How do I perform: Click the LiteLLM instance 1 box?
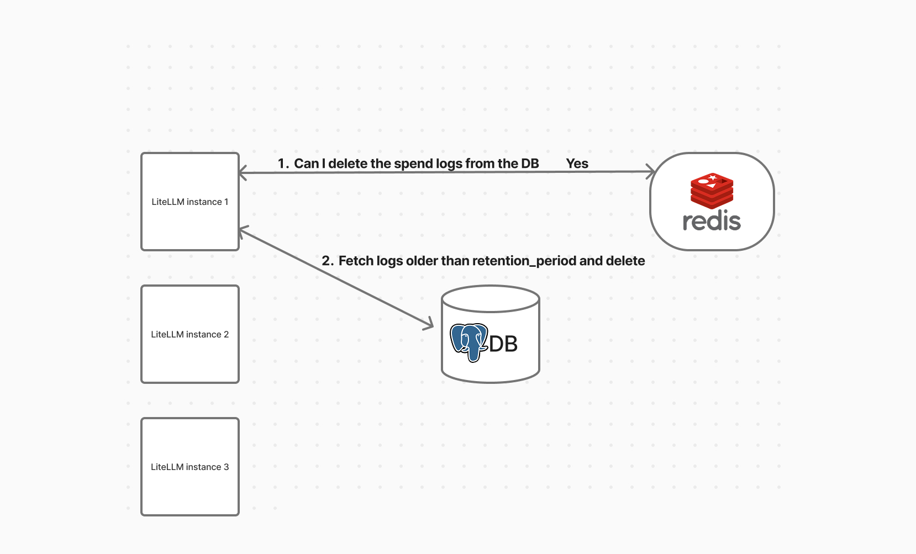pos(189,202)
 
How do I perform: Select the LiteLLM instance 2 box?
pos(189,334)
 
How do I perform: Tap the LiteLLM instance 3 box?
pos(189,467)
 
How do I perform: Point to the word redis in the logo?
pos(712,221)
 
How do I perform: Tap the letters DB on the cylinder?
pos(503,344)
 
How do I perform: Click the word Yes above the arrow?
pos(577,163)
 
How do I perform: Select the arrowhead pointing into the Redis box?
pos(651,172)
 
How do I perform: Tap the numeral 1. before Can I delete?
pos(283,163)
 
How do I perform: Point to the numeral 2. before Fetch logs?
pos(327,261)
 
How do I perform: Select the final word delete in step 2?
pos(625,261)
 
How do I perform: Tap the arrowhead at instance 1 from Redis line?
pos(243,173)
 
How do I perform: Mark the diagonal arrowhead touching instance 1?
pos(244,230)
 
